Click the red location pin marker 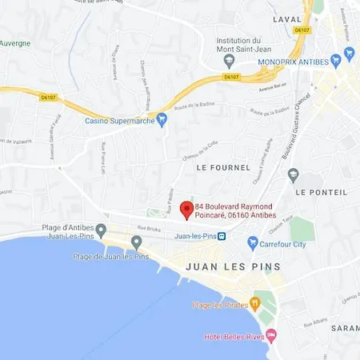[186, 210]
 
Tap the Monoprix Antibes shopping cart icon [348, 55]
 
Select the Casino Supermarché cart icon [162, 120]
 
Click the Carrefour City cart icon [253, 242]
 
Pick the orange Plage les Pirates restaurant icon [255, 303]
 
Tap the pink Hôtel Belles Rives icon [270, 334]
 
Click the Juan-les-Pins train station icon [222, 237]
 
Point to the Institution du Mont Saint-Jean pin [230, 61]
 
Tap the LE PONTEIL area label [322, 192]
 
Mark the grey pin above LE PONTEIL [294, 175]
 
